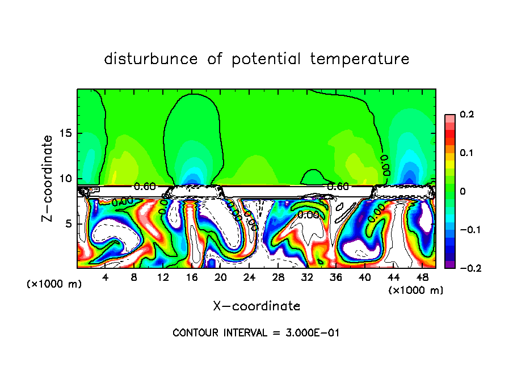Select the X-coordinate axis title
(x=256, y=306)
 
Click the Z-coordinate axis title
(x=48, y=178)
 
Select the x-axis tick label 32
(x=306, y=277)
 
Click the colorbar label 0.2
(x=466, y=115)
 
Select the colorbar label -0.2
(x=465, y=268)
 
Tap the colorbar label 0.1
(x=466, y=153)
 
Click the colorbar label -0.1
(x=465, y=230)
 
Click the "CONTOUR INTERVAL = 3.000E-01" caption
(x=256, y=333)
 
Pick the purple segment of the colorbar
(x=449, y=264)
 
